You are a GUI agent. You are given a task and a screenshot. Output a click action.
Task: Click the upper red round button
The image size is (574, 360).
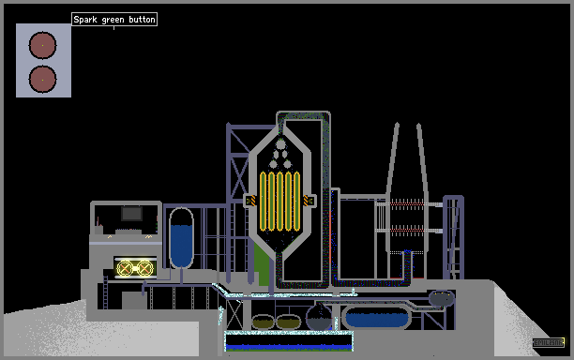42,45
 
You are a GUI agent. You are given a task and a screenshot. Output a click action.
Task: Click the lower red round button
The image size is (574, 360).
42,80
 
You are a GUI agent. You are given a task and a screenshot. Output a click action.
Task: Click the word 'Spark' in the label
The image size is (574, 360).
85,20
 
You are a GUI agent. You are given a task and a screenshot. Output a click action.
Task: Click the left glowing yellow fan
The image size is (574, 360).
125,268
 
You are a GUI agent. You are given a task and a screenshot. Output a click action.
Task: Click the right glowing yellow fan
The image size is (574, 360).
145,268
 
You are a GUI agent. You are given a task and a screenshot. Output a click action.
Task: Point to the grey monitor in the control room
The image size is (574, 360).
132,214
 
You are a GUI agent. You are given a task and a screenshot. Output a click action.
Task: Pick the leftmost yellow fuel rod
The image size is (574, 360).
263,202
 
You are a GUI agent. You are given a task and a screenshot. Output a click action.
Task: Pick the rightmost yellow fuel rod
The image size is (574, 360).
297,202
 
